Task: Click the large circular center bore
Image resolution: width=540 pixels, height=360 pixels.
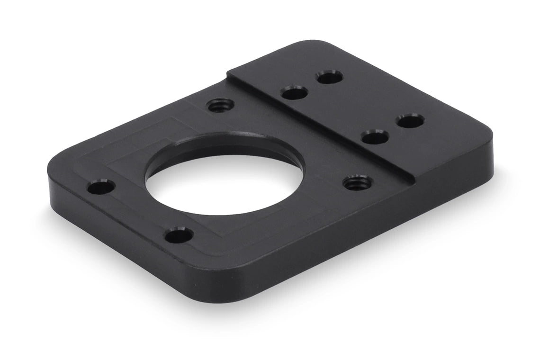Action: (x=223, y=185)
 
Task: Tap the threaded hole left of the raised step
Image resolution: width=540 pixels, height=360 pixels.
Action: (x=221, y=105)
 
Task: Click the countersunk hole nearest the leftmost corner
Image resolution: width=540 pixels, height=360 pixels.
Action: (x=101, y=188)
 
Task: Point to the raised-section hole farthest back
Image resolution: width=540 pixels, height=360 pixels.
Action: (x=330, y=77)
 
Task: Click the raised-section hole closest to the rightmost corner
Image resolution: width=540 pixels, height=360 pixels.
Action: (x=410, y=121)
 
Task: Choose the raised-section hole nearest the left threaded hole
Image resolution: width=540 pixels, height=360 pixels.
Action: (x=294, y=92)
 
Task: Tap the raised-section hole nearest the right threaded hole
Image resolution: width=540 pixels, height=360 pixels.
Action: (x=375, y=138)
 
